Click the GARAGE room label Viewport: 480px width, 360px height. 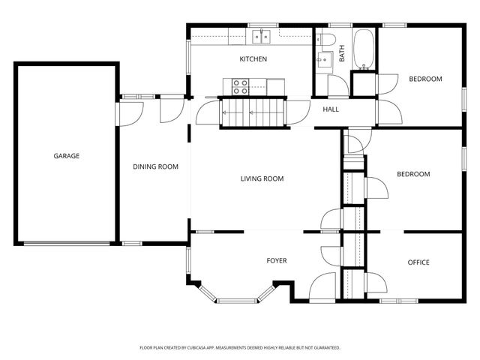(67, 156)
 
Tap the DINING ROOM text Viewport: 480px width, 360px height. (155, 166)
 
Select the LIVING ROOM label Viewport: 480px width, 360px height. (262, 178)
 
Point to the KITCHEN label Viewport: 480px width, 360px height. (253, 59)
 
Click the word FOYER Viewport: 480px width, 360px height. (277, 261)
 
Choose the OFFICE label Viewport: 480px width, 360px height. (418, 262)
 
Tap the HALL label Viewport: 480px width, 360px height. (331, 109)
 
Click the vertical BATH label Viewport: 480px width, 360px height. (342, 53)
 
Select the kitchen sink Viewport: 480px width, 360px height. (261, 37)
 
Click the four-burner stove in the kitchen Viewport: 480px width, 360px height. (240, 87)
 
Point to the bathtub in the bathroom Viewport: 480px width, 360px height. (363, 49)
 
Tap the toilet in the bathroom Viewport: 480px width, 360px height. (325, 40)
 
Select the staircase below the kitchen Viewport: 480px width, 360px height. (253, 112)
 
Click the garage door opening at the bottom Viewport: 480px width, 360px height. (67, 244)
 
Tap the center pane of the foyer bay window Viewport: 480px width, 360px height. (237, 301)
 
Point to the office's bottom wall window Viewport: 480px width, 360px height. (399, 301)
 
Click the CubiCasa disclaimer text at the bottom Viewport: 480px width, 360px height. (240, 348)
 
